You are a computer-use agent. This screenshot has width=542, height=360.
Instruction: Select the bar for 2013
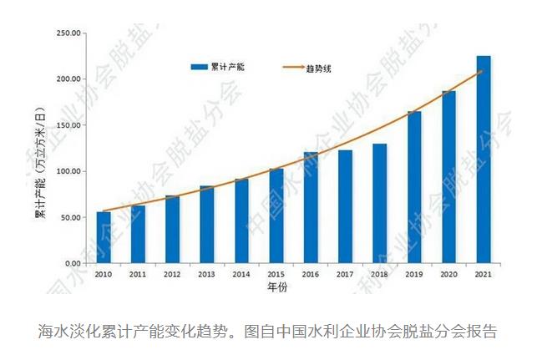point(207,225)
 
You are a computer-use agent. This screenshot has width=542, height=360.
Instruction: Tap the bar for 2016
point(311,208)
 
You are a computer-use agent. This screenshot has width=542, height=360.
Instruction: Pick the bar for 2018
point(380,204)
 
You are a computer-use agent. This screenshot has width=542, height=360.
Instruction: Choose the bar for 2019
point(414,187)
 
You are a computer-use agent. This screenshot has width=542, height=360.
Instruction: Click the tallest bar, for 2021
point(484,160)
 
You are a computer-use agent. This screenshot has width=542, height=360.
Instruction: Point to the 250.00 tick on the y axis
point(68,33)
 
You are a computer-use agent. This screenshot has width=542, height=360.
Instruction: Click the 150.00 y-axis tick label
point(68,125)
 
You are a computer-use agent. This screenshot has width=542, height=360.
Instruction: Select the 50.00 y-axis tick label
point(69,217)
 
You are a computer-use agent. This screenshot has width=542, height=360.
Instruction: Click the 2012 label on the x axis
point(172,274)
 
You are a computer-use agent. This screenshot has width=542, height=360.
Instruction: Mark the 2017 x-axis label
point(345,274)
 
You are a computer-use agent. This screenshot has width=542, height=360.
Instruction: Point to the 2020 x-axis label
point(449,274)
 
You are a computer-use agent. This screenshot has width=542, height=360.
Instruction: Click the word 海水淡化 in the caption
point(68,332)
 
